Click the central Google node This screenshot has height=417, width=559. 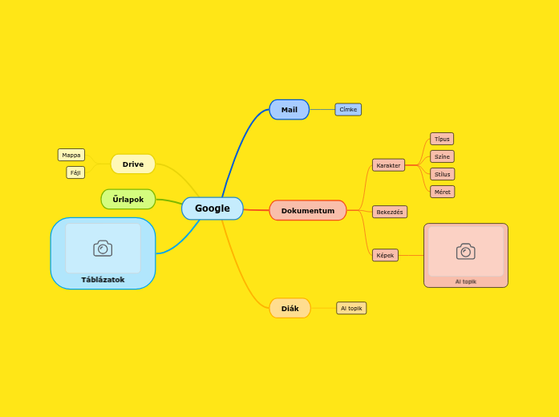[212, 208]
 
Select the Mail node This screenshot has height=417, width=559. [289, 110]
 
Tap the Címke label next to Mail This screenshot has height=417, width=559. [348, 110]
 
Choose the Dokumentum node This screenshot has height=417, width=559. [307, 211]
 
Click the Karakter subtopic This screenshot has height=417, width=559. [388, 165]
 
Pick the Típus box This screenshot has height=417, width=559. [442, 139]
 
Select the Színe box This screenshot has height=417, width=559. [442, 156]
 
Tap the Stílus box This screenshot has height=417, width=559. [442, 174]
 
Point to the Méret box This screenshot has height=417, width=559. [442, 192]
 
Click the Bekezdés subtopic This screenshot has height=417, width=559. [390, 212]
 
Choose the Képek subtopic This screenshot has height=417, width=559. [385, 255]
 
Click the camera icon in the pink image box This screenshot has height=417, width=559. [465, 252]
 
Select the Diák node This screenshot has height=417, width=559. [290, 308]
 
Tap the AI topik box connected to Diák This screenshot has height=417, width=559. [351, 308]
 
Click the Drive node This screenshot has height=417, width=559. [133, 164]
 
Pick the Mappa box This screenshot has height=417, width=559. [71, 155]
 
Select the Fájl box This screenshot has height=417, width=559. [75, 172]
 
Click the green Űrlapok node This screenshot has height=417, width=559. [128, 199]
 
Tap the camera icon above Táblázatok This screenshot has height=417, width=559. [103, 249]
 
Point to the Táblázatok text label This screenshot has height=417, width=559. [103, 280]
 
